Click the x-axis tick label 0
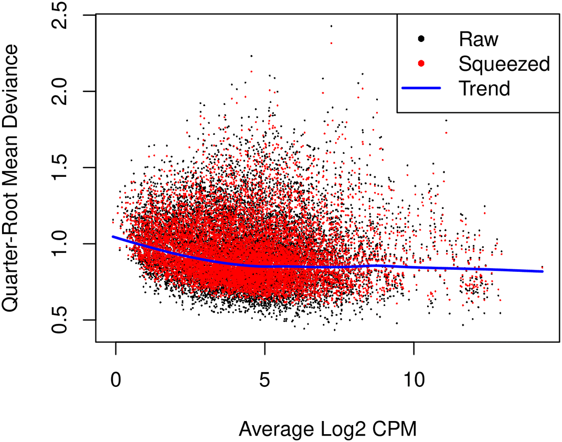(x=115, y=380)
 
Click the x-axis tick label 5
(x=264, y=380)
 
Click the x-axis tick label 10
(x=413, y=380)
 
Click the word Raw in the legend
(x=478, y=39)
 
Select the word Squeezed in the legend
(x=504, y=64)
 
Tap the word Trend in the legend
(x=484, y=89)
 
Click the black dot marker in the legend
(x=421, y=39)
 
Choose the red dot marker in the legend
(x=421, y=64)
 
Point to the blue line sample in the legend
(x=421, y=89)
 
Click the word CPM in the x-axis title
(x=394, y=429)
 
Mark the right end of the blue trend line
(x=543, y=271)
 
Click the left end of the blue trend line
(x=112, y=237)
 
